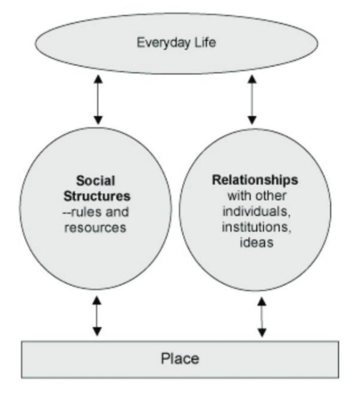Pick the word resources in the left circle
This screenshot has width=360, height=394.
(x=97, y=229)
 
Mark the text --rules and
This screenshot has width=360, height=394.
(x=97, y=212)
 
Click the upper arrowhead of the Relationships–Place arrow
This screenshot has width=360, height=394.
(x=261, y=301)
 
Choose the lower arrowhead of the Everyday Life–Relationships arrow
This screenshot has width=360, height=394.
(x=252, y=120)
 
